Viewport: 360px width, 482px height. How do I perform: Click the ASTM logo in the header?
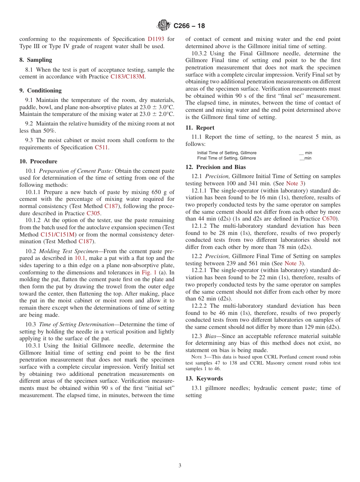[164, 25]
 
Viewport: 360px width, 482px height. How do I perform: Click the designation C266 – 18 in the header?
[189, 26]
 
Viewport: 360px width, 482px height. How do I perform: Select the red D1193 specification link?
[156, 39]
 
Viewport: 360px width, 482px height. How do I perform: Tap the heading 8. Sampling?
[36, 60]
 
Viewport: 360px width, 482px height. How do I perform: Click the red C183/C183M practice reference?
[128, 77]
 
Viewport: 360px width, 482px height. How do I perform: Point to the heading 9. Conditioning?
[41, 91]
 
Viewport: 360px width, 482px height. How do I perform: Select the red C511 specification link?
[101, 147]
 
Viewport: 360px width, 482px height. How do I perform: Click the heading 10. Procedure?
[38, 161]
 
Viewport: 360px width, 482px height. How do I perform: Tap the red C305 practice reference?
[93, 213]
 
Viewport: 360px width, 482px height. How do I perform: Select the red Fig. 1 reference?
[149, 272]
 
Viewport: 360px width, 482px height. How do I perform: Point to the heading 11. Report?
[200, 128]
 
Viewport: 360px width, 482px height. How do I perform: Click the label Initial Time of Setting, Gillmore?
[227, 153]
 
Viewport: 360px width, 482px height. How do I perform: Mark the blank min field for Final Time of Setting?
[305, 158]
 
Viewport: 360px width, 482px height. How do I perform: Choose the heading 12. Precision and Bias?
[215, 167]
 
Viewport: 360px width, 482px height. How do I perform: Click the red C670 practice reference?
[329, 219]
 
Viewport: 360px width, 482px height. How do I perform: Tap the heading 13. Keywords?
[204, 379]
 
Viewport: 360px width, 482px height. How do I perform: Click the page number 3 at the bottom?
[180, 466]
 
